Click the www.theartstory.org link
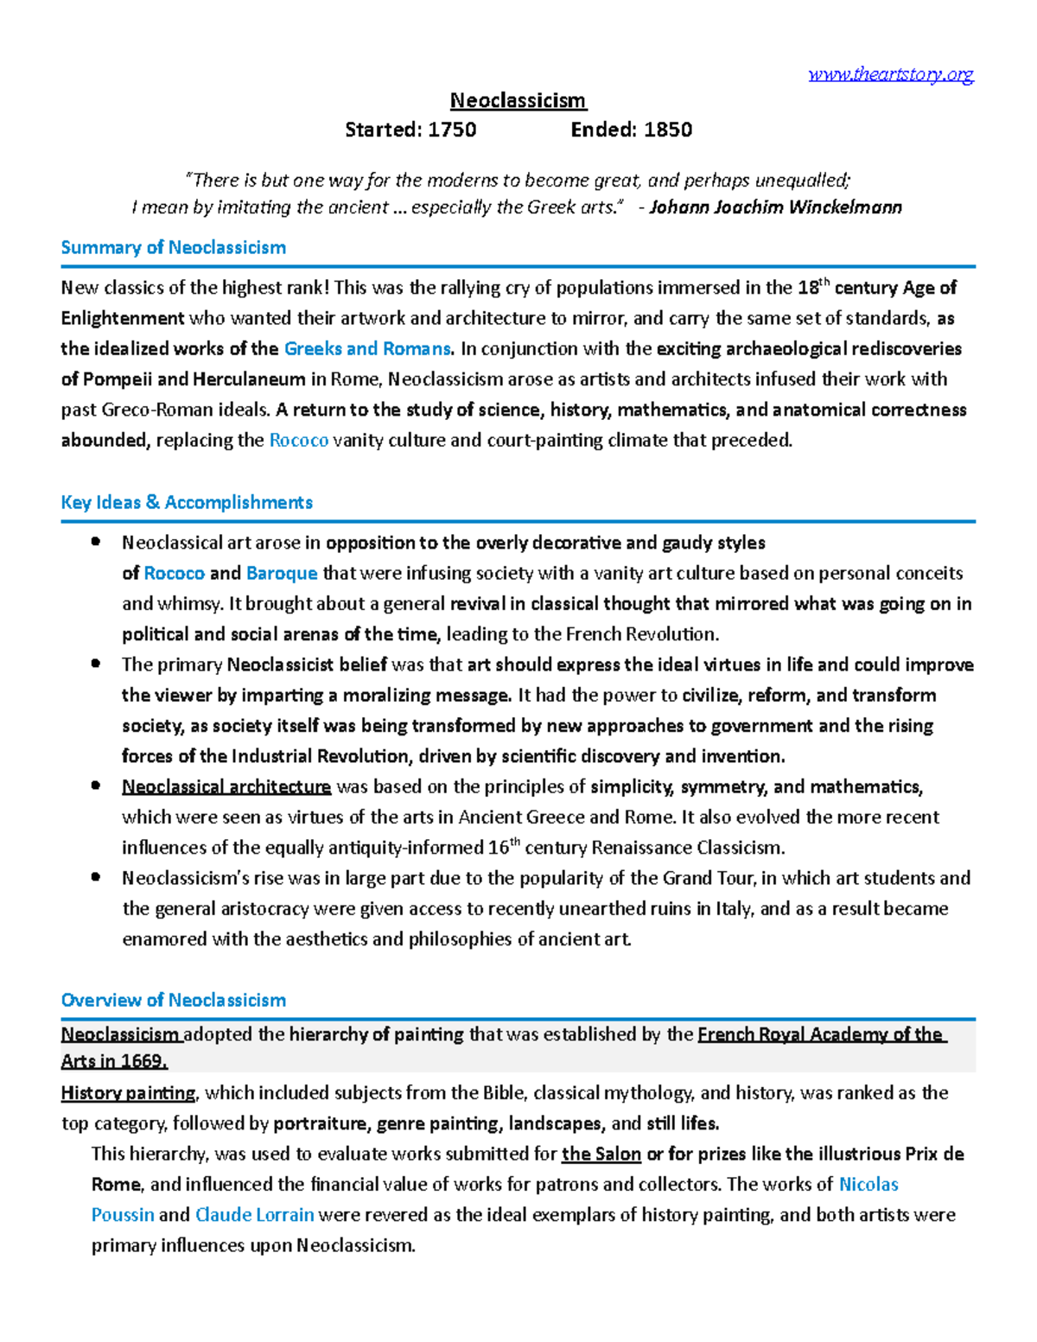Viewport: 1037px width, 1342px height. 891,74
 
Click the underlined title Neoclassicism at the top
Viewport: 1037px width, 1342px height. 518,101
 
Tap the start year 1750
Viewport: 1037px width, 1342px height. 453,130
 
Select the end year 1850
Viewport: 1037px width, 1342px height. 668,130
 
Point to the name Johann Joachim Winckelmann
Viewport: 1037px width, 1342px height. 775,207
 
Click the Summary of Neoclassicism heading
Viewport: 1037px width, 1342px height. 173,248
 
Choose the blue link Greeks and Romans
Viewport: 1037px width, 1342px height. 367,349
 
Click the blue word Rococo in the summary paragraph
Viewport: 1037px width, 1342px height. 298,441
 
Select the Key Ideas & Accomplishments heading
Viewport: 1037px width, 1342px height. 187,503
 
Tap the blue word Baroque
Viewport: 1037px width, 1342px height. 282,574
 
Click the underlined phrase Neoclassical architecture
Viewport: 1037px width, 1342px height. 226,787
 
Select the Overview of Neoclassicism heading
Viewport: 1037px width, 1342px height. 173,1001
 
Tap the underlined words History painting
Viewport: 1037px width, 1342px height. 129,1093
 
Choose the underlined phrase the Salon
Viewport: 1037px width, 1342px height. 601,1154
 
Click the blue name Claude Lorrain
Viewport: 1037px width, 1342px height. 254,1215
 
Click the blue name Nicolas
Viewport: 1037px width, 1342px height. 868,1185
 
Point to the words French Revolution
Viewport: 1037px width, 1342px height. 640,634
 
